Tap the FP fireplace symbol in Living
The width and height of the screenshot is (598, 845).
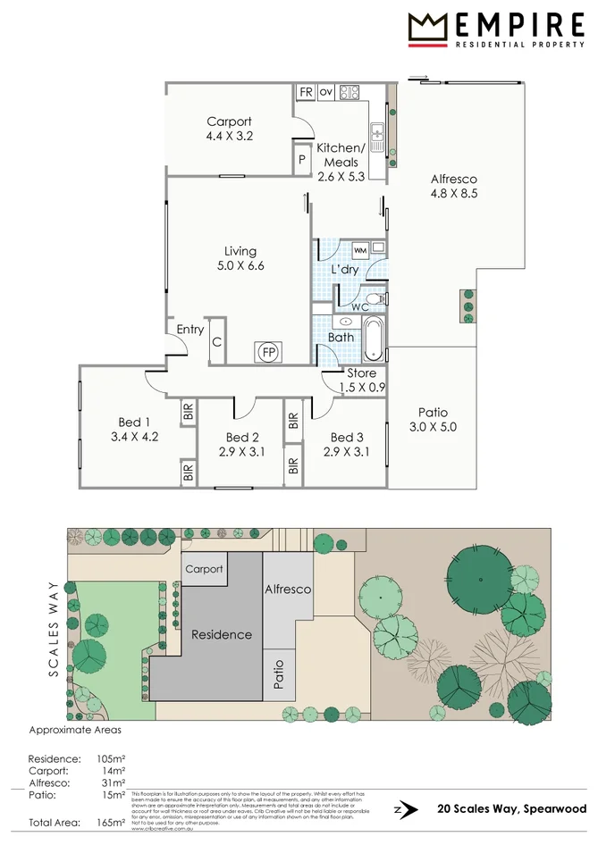pos(267,352)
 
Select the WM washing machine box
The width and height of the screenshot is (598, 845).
pos(360,250)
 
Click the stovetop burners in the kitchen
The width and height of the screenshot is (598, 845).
pos(349,91)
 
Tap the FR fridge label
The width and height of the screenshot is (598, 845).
pos(306,91)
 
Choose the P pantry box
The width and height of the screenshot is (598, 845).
pos(303,162)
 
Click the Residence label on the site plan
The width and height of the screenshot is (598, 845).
pos(222,634)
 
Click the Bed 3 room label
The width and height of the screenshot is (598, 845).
pos(347,437)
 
